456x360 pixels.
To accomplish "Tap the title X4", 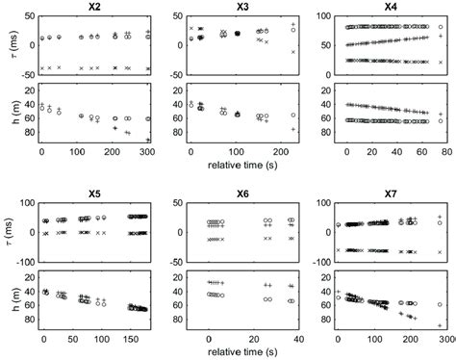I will coord(394,7).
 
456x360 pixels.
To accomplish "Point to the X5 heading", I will coord(94,193).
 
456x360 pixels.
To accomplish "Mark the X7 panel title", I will coord(394,193).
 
